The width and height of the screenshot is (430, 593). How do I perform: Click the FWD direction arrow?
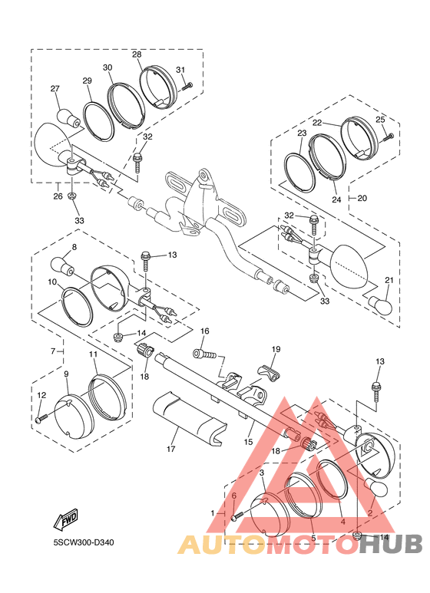tap(66, 519)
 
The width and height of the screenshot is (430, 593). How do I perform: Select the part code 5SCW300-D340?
tap(84, 543)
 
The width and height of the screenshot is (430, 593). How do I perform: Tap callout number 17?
tap(171, 449)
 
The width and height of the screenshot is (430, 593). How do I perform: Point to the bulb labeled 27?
tap(68, 118)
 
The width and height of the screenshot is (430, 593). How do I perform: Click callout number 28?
tap(137, 54)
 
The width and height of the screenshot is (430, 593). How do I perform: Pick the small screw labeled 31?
tap(187, 86)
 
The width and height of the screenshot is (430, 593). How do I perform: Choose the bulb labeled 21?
tap(380, 305)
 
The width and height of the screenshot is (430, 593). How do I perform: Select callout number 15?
tap(248, 442)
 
